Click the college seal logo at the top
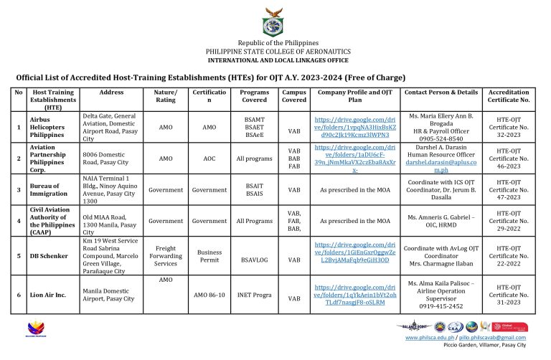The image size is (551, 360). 274,23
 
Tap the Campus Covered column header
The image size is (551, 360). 294,96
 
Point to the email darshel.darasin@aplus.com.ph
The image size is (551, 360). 441,166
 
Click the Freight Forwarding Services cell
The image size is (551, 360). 166,256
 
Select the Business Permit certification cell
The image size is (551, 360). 209,256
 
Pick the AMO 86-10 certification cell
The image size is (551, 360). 209,295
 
